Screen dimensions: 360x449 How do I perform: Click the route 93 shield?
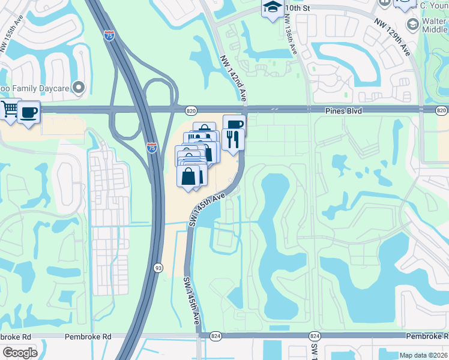[x=158, y=268]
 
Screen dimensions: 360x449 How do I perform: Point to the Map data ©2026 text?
[x=424, y=355]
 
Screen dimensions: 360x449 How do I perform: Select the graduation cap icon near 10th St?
[x=273, y=8]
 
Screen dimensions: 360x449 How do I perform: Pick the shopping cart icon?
[x=10, y=109]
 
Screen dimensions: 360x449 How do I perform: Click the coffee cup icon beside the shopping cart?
[x=29, y=112]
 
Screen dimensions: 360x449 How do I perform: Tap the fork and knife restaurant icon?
[x=233, y=139]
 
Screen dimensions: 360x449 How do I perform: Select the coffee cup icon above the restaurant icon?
[x=234, y=124]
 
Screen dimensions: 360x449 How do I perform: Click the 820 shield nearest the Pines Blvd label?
[x=441, y=110]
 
